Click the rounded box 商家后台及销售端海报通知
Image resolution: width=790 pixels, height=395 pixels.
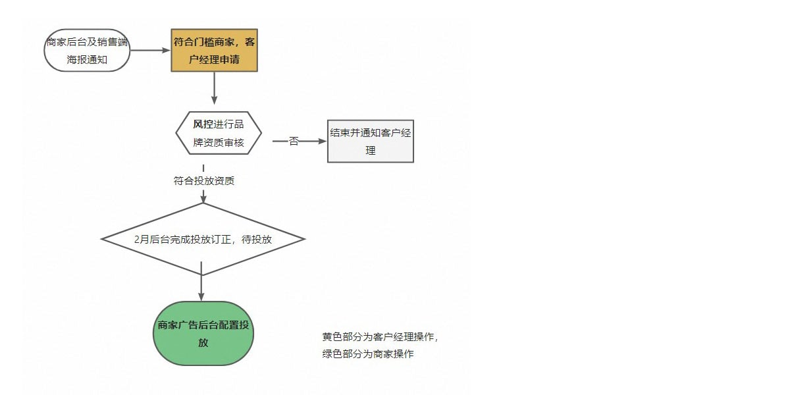pyautogui.click(x=87, y=51)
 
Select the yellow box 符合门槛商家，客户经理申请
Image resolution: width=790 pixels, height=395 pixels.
pyautogui.click(x=215, y=51)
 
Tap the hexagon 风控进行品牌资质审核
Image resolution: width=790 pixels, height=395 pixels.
pyautogui.click(x=219, y=133)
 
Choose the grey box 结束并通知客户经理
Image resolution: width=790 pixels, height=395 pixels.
pyautogui.click(x=371, y=141)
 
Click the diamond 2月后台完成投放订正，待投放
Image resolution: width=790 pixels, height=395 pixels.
pyautogui.click(x=203, y=239)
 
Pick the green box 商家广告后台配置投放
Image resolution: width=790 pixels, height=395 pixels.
pyautogui.click(x=203, y=333)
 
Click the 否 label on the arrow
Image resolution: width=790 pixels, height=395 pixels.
pyautogui.click(x=294, y=141)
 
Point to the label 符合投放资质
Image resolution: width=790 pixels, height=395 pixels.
pyautogui.click(x=204, y=181)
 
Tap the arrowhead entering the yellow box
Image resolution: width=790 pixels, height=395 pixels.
pyautogui.click(x=167, y=50)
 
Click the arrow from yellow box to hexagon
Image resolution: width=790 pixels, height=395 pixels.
pyautogui.click(x=214, y=88)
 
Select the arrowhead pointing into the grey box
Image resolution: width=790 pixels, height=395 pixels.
pyautogui.click(x=323, y=141)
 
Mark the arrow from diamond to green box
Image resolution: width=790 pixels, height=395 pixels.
pyautogui.click(x=201, y=282)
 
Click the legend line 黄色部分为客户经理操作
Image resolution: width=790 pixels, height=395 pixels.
pyautogui.click(x=380, y=337)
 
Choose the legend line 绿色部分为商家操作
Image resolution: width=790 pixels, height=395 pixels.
pyautogui.click(x=368, y=354)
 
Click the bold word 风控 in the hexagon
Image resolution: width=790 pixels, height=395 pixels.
pyautogui.click(x=203, y=124)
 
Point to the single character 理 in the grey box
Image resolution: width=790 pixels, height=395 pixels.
pyautogui.click(x=371, y=151)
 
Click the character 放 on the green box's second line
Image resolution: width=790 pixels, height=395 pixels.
pyautogui.click(x=203, y=343)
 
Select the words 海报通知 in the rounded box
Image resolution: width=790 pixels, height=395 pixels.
pyautogui.click(x=87, y=60)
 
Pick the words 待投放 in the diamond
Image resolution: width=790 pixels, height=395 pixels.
pyautogui.click(x=257, y=240)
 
